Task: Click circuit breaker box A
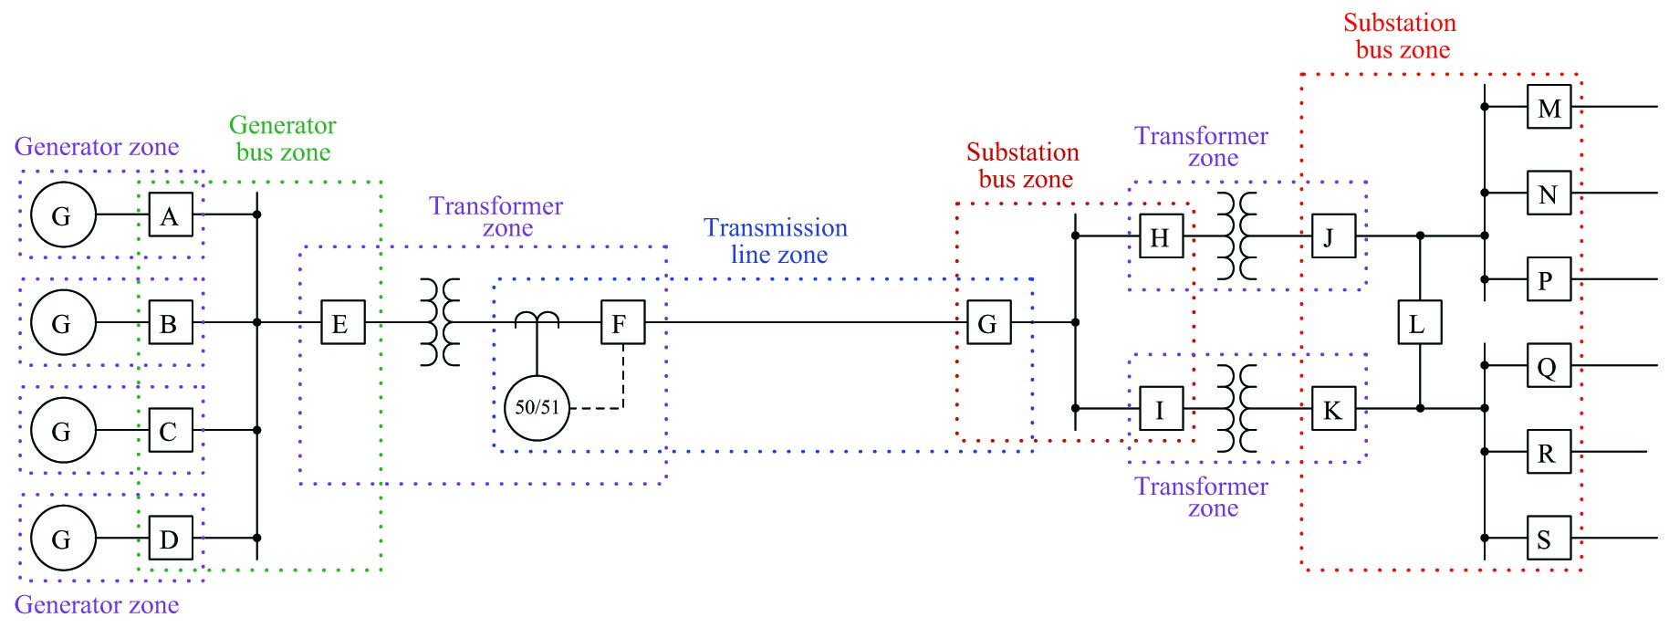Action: click(x=170, y=215)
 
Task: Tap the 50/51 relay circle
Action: click(x=537, y=407)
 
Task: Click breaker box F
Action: click(x=622, y=323)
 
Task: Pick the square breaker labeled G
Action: click(x=988, y=323)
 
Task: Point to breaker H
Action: click(x=1161, y=237)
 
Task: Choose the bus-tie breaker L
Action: click(x=1419, y=323)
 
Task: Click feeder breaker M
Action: click(x=1549, y=108)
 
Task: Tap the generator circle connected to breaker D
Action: click(x=62, y=539)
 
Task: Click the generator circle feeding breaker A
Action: click(x=62, y=215)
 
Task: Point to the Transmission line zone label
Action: click(x=777, y=241)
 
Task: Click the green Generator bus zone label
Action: click(x=282, y=138)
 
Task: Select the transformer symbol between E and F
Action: click(x=440, y=323)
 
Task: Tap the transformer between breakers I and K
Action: click(x=1236, y=408)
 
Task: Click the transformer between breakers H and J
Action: click(x=1236, y=236)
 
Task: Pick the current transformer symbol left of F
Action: click(x=537, y=319)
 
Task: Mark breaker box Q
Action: click(x=1549, y=366)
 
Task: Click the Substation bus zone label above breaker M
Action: click(x=1401, y=37)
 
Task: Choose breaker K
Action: click(x=1332, y=409)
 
